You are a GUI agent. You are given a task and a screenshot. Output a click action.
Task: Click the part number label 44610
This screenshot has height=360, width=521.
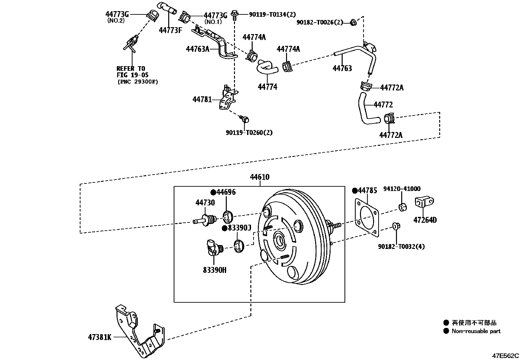point(260,177)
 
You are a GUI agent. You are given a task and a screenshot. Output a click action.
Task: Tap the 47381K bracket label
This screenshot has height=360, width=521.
point(99,337)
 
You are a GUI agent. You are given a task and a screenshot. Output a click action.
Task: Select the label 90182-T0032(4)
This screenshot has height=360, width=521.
point(401,246)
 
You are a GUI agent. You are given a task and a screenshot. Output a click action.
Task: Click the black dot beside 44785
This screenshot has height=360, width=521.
point(354,191)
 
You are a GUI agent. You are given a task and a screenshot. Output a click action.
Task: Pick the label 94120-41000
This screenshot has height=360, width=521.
point(402,189)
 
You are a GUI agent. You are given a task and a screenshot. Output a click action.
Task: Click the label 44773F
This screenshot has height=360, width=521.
point(170,30)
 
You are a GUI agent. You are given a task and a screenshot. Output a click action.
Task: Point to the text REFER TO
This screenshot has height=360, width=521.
point(130,68)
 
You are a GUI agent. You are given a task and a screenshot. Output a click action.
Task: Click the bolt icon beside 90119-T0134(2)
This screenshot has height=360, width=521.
point(235,14)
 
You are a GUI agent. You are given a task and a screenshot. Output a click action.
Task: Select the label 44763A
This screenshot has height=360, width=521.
point(197,49)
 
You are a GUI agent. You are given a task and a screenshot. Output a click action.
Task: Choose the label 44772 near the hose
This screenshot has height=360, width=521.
point(383,105)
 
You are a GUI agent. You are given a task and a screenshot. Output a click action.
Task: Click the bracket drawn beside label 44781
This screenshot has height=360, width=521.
point(228,100)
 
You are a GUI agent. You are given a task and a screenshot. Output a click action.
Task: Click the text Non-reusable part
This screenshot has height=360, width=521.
point(476,331)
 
